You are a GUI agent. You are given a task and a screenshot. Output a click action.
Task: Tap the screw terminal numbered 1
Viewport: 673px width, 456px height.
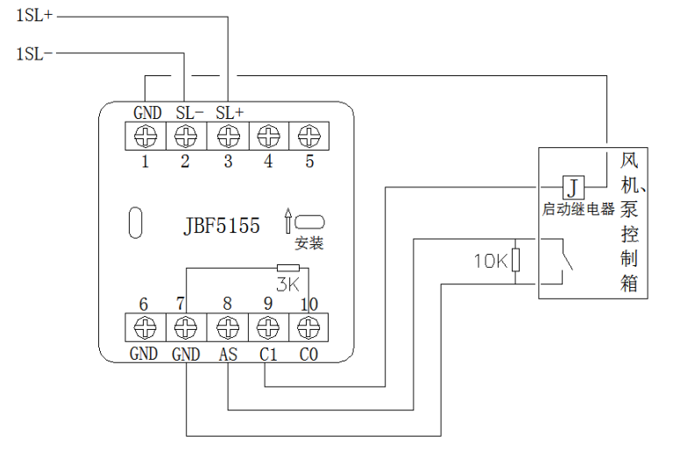pyautogui.click(x=146, y=136)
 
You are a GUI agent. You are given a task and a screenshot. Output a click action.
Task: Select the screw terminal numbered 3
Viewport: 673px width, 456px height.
pyautogui.click(x=228, y=136)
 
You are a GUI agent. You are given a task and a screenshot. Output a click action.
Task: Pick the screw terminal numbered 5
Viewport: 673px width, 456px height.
pyautogui.click(x=308, y=136)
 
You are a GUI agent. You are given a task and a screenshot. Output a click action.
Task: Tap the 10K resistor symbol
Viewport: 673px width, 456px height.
pyautogui.click(x=517, y=260)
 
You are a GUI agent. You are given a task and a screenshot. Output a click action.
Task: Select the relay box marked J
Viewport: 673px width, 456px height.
pyautogui.click(x=571, y=186)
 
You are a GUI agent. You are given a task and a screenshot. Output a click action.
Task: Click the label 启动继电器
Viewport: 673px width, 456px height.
pyautogui.click(x=578, y=210)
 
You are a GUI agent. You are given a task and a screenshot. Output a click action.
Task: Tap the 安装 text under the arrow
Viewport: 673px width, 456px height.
pyautogui.click(x=308, y=242)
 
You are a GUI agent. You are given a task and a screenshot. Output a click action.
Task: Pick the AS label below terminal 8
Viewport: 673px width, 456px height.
pyautogui.click(x=226, y=354)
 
